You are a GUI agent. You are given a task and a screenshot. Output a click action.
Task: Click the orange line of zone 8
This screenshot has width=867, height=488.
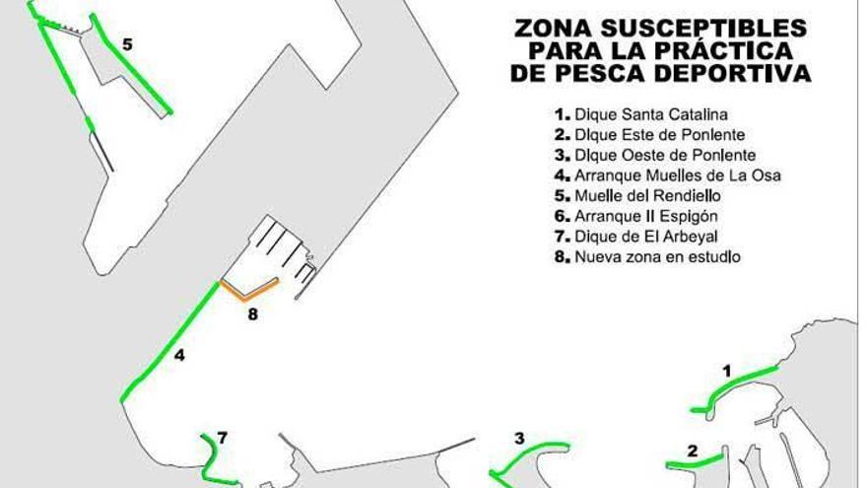(x=248, y=292)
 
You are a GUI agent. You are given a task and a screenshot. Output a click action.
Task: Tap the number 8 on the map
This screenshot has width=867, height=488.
(x=252, y=315)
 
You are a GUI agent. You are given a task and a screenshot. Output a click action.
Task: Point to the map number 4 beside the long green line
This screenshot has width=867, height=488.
(x=179, y=356)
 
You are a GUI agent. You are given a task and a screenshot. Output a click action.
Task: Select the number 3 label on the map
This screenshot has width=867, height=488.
(x=518, y=439)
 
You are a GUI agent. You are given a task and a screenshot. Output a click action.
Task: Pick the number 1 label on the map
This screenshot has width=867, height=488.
(x=727, y=372)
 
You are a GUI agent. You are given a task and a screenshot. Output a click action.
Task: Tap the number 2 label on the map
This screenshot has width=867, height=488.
(x=693, y=453)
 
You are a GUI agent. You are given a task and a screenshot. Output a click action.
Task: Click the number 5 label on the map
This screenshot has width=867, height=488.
(x=126, y=44)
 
